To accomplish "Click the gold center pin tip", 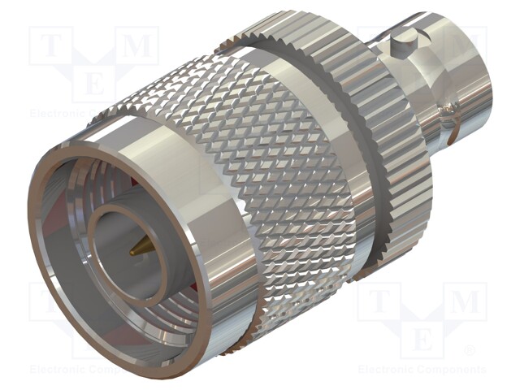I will pos(133,253).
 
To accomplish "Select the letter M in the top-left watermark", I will pos(141,46).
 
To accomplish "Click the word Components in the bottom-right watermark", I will pos(452,370).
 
